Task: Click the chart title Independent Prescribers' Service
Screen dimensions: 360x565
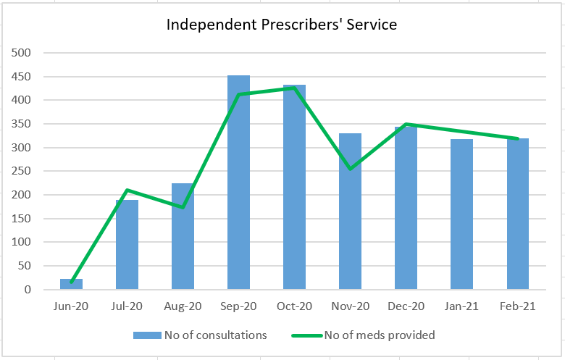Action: [282, 25]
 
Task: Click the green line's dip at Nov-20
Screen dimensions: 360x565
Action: [350, 169]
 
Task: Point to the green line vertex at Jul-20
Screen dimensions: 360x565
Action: [127, 191]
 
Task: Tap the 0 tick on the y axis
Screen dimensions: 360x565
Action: [28, 290]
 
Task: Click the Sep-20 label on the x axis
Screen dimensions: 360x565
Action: [238, 306]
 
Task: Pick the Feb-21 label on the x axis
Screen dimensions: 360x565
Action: [517, 306]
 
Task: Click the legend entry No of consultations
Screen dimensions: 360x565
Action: [200, 335]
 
